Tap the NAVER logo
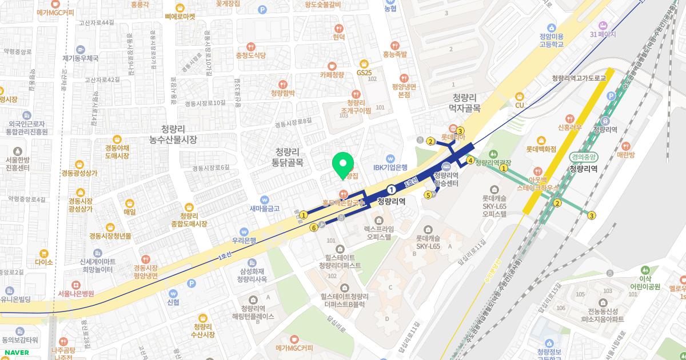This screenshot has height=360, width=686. pos(15,353)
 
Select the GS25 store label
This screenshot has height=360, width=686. pos(364,73)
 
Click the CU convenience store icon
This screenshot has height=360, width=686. pos(520,97)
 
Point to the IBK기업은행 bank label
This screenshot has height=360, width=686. pos(390,167)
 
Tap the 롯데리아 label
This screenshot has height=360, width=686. pos(453,137)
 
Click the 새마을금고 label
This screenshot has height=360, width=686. pos(264,209)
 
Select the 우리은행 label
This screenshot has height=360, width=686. pos(244,241)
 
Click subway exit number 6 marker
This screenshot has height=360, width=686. pos(313,228)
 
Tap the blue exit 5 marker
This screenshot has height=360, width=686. pos(428,195)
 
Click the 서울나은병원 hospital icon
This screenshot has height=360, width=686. pos(75,285)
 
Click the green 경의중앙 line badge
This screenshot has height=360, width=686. pos(583,157)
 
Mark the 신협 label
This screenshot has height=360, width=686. pos(173,302)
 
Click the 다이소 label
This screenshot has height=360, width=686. pos(43,262)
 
